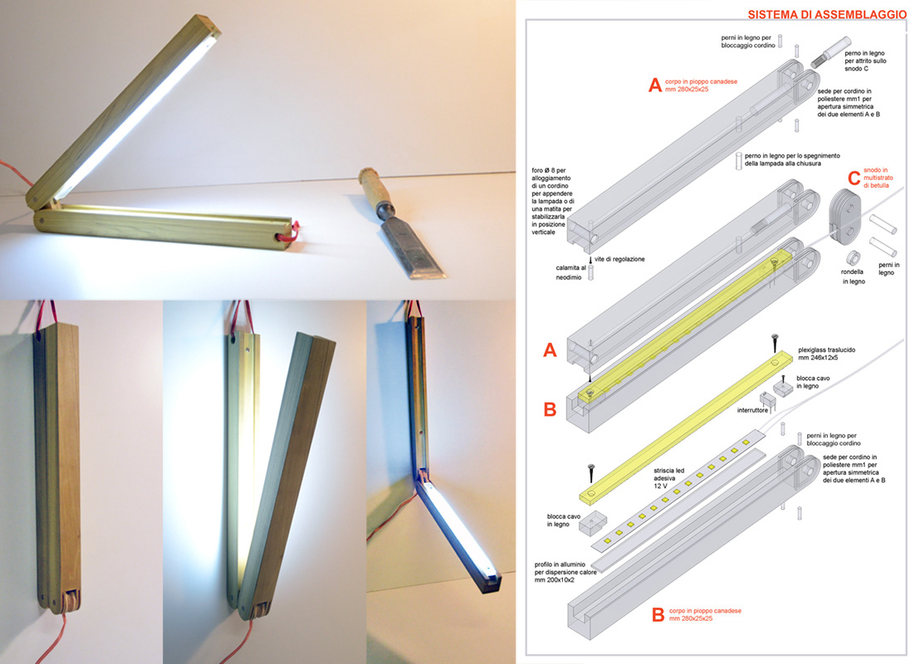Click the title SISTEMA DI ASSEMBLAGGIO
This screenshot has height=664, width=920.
[x=827, y=14]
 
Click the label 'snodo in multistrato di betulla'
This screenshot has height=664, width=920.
[x=878, y=178]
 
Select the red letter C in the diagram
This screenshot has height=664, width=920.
[x=854, y=178]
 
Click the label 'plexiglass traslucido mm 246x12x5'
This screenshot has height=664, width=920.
[x=826, y=354]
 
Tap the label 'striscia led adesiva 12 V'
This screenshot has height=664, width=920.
[x=669, y=478]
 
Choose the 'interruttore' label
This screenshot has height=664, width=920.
[x=752, y=410]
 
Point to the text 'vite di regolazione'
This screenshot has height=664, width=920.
[x=619, y=259]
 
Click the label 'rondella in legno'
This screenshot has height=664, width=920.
[x=853, y=277]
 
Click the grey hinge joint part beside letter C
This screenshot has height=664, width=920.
[x=844, y=217]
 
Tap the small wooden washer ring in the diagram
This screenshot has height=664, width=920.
[x=853, y=257]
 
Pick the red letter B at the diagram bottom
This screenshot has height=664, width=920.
[x=658, y=614]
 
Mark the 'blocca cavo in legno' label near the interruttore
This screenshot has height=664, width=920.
[x=813, y=382]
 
